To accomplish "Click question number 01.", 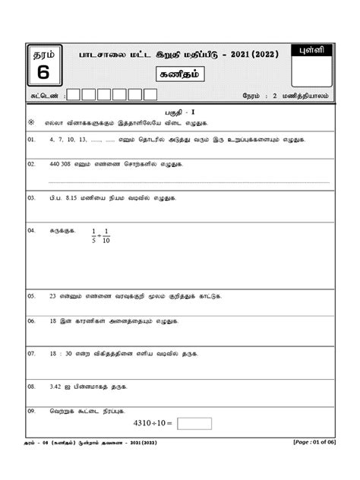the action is tap(31, 141).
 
